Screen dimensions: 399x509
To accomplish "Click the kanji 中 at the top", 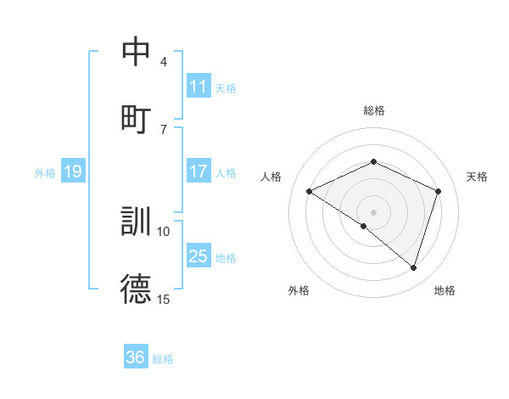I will [137, 52].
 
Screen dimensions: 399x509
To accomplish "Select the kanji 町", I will [137, 118].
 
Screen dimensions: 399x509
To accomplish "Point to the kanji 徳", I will [137, 288].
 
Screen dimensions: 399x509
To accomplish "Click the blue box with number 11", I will [199, 87].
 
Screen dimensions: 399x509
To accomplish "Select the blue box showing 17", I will [199, 171].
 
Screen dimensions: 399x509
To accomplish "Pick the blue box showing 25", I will [199, 256].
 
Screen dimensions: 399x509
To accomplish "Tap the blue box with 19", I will [73, 172].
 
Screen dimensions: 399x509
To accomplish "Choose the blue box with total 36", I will [136, 357].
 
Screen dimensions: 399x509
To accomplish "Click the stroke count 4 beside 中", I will [164, 62].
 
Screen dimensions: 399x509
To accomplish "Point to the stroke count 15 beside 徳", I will [164, 299].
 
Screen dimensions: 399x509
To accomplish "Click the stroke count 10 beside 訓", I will [164, 231].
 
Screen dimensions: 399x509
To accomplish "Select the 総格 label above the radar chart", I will [373, 110].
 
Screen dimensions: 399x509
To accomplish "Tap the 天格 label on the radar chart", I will [478, 177].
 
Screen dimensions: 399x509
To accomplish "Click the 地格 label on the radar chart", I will [445, 291].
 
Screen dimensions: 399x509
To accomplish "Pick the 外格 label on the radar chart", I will [299, 291].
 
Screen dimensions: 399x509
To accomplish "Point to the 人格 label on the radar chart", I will [271, 177].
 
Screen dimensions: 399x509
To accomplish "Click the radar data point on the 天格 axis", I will [439, 191].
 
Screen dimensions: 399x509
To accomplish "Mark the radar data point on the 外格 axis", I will [364, 226].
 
